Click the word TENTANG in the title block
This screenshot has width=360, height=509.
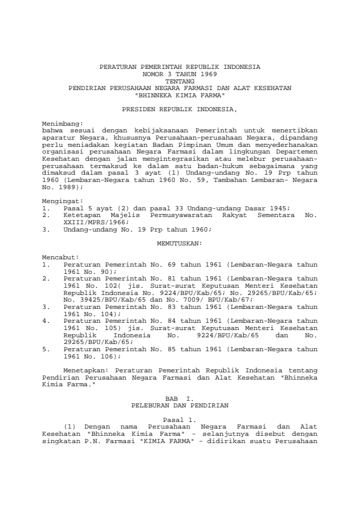[x=180, y=80]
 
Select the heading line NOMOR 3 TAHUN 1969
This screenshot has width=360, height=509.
[x=180, y=73]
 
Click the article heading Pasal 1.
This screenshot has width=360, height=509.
[x=180, y=419]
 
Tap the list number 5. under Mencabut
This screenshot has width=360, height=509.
[x=47, y=349]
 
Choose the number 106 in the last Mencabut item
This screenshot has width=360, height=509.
[x=104, y=356]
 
